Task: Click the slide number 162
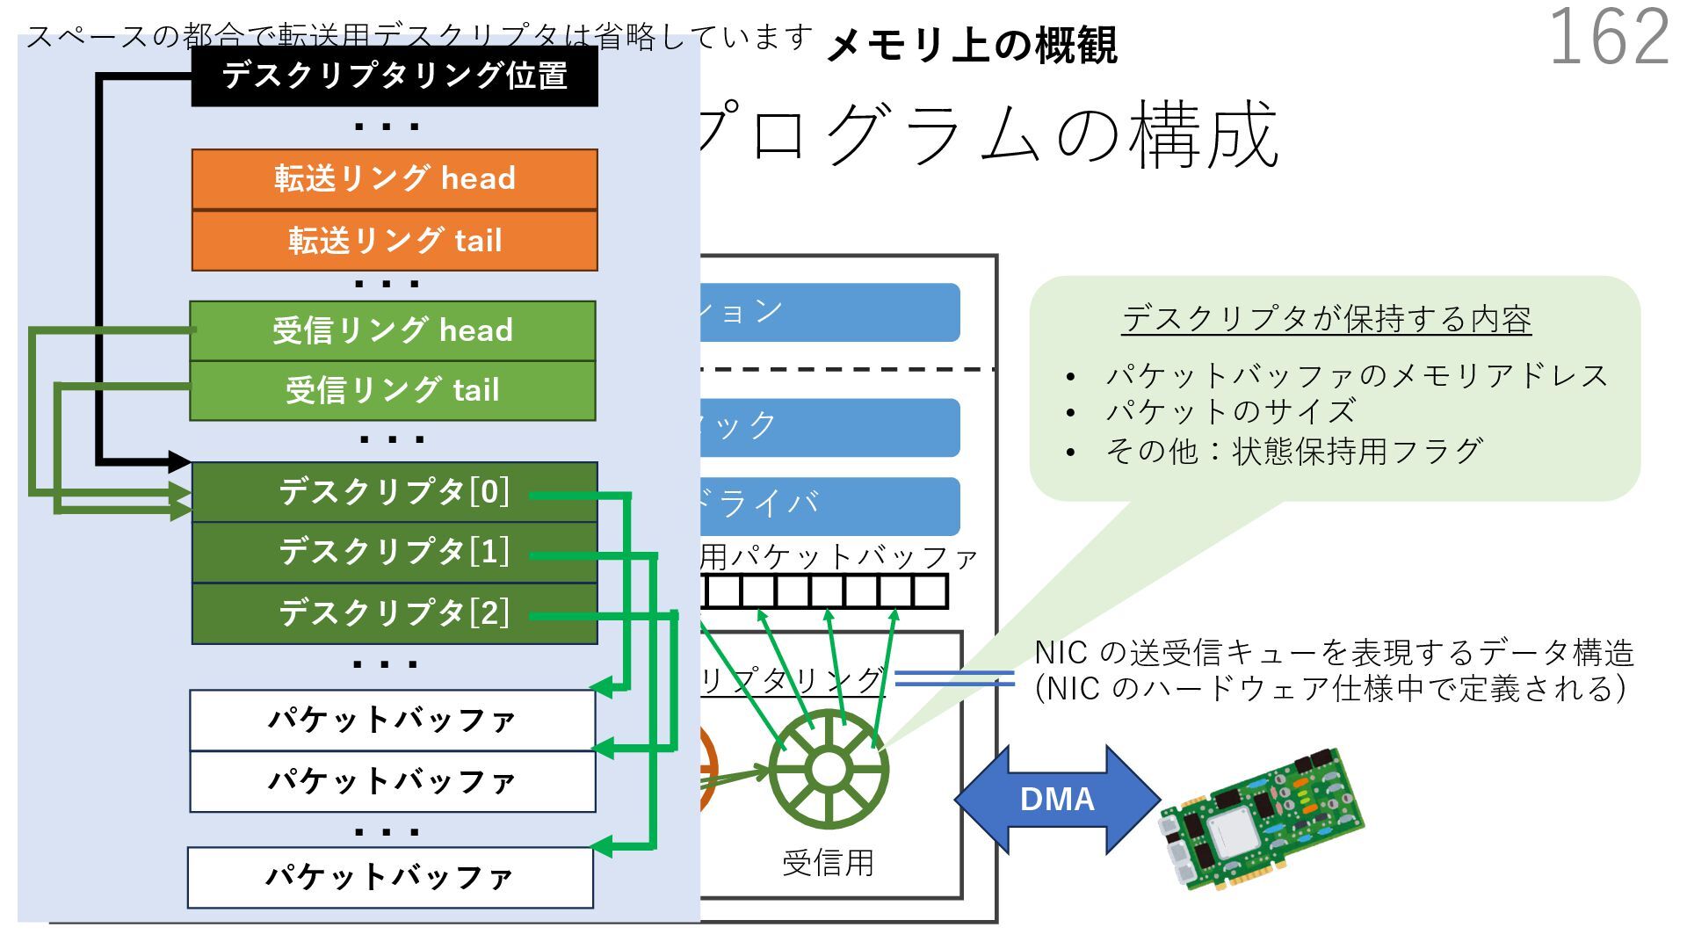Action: [x=1608, y=38]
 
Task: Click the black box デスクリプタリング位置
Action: [x=395, y=76]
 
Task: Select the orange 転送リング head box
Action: [x=395, y=179]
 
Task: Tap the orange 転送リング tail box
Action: [x=395, y=241]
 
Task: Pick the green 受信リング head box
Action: [x=393, y=331]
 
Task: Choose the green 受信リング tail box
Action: [x=393, y=391]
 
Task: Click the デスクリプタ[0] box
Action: [x=395, y=492]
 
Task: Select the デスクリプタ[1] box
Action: [x=395, y=553]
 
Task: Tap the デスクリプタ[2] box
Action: [x=395, y=613]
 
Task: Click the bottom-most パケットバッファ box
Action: [x=390, y=877]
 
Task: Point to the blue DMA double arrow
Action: [x=1057, y=800]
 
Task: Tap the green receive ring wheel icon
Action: [x=828, y=770]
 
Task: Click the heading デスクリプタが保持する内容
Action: [x=1326, y=319]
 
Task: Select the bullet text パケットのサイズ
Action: [x=1230, y=411]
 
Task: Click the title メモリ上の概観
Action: [x=972, y=46]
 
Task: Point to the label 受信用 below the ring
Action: [x=828, y=863]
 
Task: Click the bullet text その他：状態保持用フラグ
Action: [x=1293, y=452]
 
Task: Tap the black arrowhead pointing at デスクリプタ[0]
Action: [x=179, y=461]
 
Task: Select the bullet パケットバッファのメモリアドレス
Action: [x=1357, y=376]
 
